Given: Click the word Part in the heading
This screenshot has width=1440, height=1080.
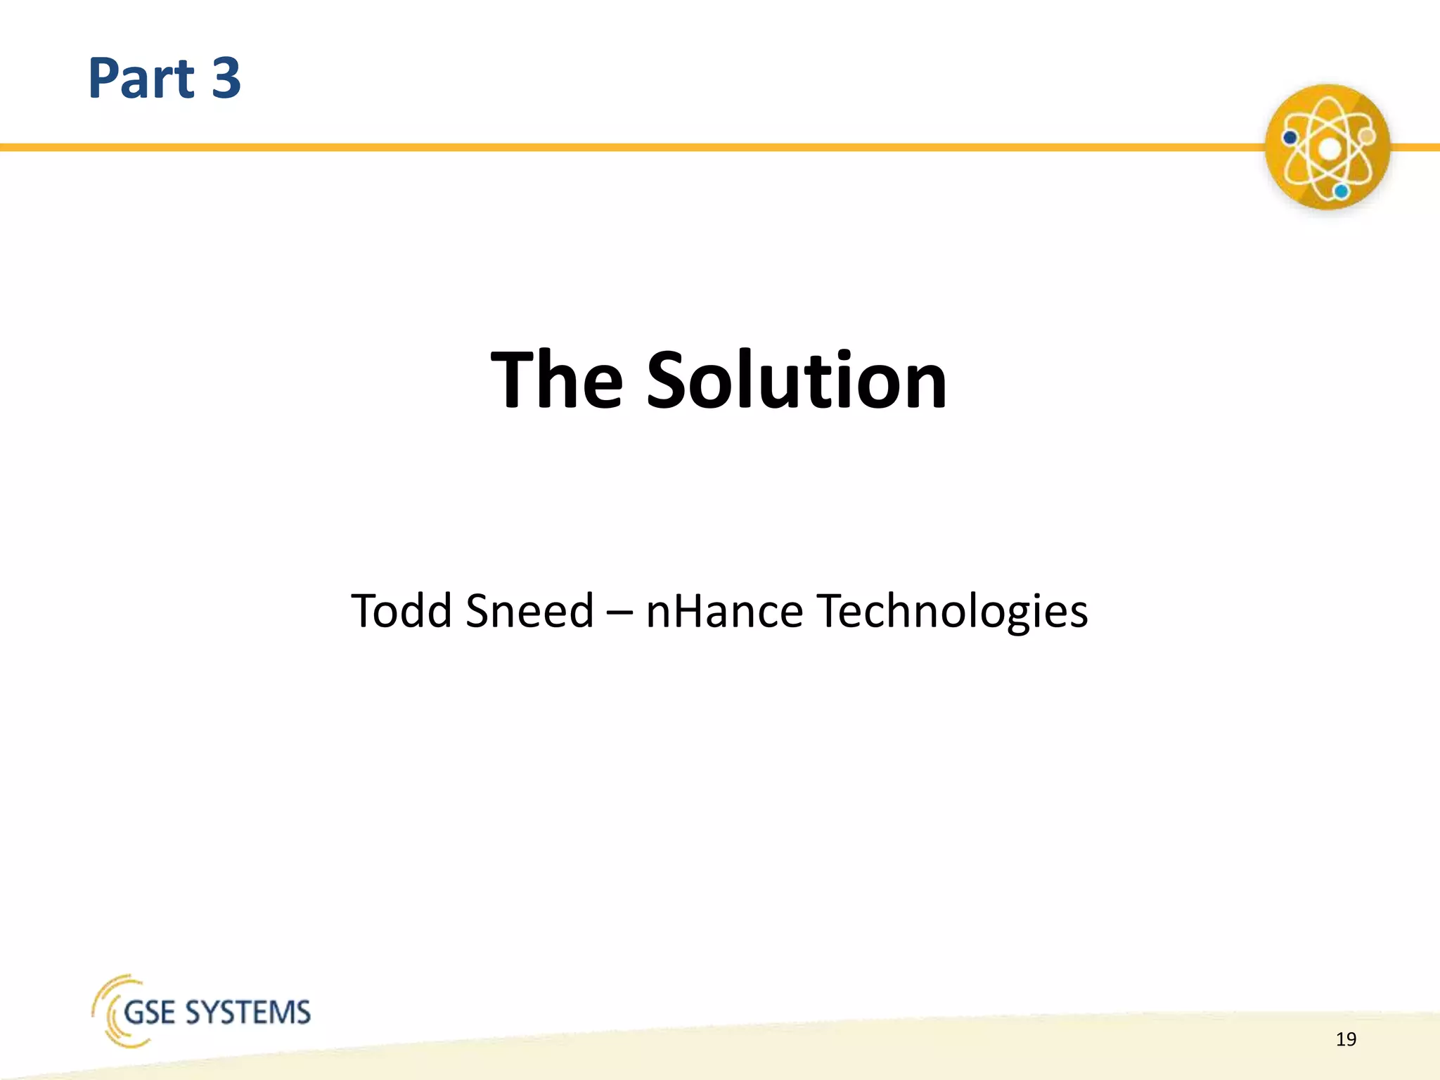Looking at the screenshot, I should point(141,78).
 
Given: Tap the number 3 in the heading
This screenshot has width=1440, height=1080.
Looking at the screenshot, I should point(226,78).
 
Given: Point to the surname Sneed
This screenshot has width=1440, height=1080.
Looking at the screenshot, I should point(529,610).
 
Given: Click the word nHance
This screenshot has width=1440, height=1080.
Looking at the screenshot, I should point(724,610).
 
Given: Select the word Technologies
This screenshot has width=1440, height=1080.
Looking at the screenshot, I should point(952,610).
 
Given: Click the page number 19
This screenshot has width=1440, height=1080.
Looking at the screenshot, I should point(1346,1039).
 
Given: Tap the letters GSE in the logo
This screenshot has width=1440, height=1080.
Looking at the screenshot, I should point(149,1013).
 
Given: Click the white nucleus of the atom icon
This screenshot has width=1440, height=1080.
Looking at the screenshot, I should point(1329,149).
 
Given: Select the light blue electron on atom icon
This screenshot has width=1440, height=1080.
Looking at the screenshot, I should point(1342,191).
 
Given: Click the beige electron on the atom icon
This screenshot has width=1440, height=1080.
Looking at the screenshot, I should point(1366,135).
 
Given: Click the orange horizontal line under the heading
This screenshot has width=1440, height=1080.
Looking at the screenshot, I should point(633,148).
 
